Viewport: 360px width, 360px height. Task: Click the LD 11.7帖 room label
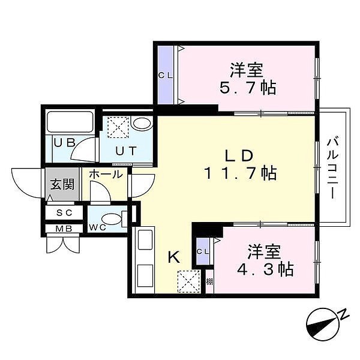coord(240,164)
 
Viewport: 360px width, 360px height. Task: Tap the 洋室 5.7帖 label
coord(247,79)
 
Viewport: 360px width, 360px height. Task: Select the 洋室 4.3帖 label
coord(265,260)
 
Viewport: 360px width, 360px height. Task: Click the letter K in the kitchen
coord(174,257)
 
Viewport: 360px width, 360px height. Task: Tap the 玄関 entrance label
coord(62,184)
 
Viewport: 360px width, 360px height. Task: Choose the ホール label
coord(106,174)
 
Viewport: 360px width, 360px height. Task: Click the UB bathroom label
coord(65,142)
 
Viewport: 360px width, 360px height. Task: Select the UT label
coord(126,151)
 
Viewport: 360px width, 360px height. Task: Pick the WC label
coord(98,227)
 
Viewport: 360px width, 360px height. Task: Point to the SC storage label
coord(64,213)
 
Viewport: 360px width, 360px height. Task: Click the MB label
coord(64,229)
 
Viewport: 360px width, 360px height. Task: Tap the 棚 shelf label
coord(209,281)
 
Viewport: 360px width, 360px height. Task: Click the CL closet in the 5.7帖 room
coord(166,76)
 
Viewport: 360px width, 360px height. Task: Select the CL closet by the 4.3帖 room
coord(203,251)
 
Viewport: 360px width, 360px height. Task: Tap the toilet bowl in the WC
coord(111,218)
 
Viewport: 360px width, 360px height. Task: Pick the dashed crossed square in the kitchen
coord(189,281)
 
